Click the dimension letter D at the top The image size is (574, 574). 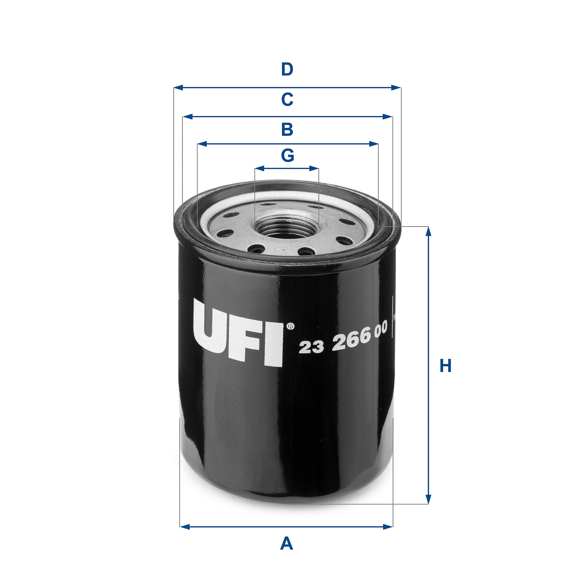pyautogui.click(x=287, y=70)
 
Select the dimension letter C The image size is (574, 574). pyautogui.click(x=287, y=99)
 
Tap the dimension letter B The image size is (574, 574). pyautogui.click(x=287, y=130)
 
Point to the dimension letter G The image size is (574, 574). pyautogui.click(x=287, y=156)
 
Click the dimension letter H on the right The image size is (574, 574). pyautogui.click(x=445, y=366)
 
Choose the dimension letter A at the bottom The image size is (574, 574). pyautogui.click(x=287, y=543)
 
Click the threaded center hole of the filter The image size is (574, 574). pyautogui.click(x=286, y=227)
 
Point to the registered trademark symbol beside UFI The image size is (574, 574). pyautogui.click(x=290, y=326)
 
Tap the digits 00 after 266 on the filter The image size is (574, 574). pyautogui.click(x=381, y=330)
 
